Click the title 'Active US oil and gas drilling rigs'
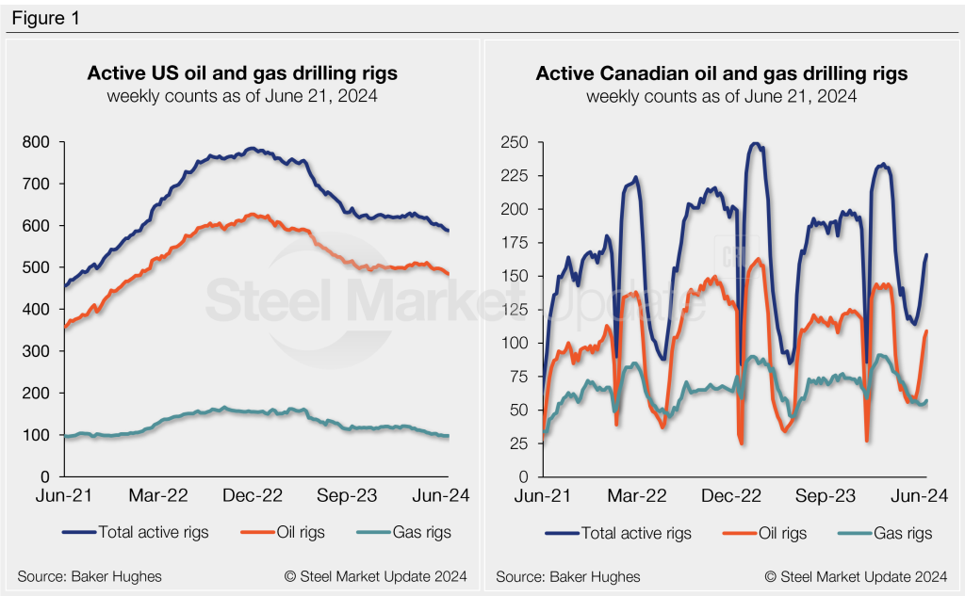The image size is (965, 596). pos(242,73)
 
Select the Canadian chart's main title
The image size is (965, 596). pos(722,73)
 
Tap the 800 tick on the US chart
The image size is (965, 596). pos(38,142)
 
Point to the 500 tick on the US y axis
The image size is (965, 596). pos(38,267)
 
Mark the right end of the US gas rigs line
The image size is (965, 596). pos(448,436)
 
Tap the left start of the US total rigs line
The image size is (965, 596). pos(63,286)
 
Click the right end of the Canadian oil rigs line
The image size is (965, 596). pos(927,330)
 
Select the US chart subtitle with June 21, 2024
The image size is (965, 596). pos(242,96)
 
